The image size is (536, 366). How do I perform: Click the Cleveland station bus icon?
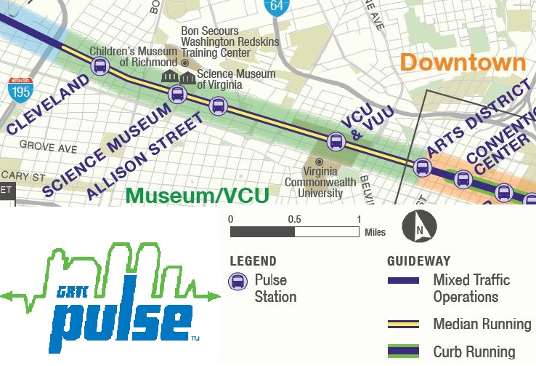100,67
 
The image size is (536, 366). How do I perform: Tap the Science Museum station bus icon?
177,94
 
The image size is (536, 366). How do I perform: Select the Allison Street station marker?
218,106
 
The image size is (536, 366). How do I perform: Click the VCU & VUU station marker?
336,142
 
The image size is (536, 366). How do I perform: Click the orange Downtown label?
463,63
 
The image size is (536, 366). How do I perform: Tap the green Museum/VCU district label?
197,194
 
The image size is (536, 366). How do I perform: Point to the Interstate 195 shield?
20,89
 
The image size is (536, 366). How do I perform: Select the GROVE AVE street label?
47,146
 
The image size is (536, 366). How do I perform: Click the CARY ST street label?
23,176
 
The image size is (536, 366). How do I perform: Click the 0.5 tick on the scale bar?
294,219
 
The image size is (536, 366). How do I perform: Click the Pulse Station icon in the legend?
237,282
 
